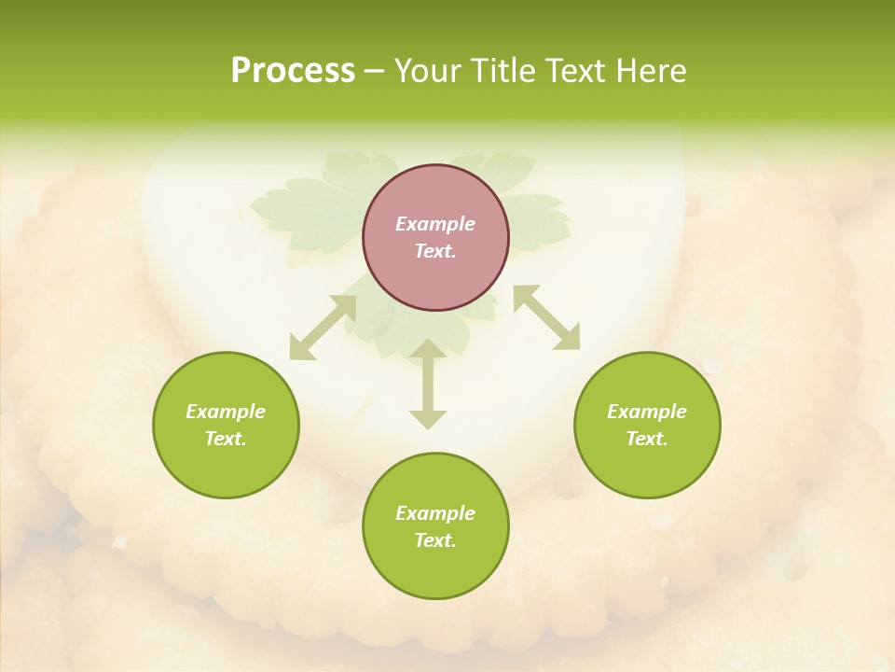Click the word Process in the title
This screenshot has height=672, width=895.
pyautogui.click(x=293, y=71)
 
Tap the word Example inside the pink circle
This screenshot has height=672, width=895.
pyautogui.click(x=435, y=224)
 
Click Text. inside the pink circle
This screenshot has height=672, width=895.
pyautogui.click(x=435, y=251)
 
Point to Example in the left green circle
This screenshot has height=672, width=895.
pyautogui.click(x=226, y=412)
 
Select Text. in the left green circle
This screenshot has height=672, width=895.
pyautogui.click(x=226, y=439)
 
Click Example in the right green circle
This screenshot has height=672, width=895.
pyautogui.click(x=647, y=412)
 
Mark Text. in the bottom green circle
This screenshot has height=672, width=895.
pyautogui.click(x=435, y=540)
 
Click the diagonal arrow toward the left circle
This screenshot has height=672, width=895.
pyautogui.click(x=323, y=328)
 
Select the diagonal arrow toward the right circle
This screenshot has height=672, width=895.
pyautogui.click(x=546, y=317)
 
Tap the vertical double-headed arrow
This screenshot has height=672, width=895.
pyautogui.click(x=428, y=384)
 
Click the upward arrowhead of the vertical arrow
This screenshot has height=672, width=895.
pyautogui.click(x=428, y=349)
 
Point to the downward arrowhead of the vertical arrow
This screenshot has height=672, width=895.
pyautogui.click(x=428, y=419)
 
